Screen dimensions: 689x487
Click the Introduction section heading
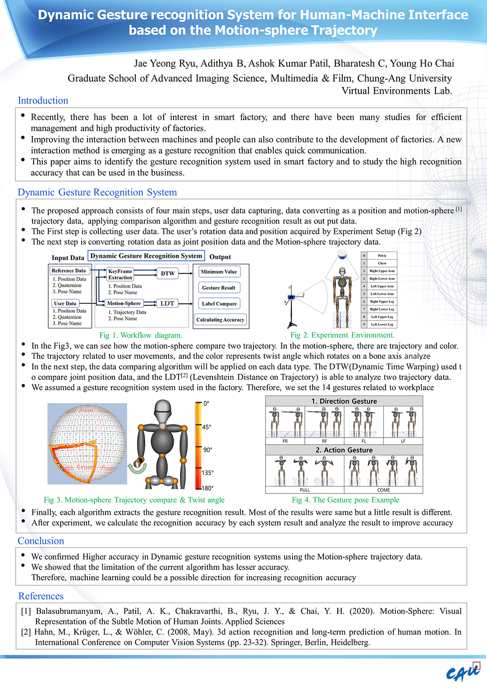click(43, 100)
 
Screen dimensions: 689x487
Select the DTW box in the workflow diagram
click(168, 274)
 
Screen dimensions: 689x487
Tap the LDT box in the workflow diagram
click(167, 304)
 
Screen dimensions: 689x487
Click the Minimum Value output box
click(219, 272)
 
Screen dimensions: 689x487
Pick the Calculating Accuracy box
click(220, 320)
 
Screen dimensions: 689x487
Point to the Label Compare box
click(219, 304)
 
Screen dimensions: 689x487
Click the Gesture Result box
click(219, 287)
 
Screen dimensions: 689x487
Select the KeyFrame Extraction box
click(120, 274)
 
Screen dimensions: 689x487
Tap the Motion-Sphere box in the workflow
click(124, 304)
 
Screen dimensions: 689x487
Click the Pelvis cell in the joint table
click(382, 256)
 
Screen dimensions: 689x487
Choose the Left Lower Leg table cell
click(382, 324)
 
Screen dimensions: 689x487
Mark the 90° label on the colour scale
click(207, 450)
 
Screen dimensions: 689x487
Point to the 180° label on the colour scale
click(207, 488)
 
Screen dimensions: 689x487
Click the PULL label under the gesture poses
click(305, 490)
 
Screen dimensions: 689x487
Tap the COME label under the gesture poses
click(383, 490)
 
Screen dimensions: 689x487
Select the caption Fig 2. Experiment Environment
click(342, 335)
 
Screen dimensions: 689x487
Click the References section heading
click(41, 596)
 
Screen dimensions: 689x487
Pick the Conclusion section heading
click(41, 541)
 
